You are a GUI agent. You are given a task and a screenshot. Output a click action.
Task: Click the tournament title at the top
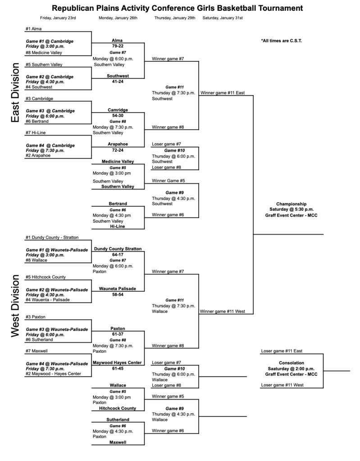tap(178, 8)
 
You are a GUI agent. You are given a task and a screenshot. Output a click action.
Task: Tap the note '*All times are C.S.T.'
tap(281, 41)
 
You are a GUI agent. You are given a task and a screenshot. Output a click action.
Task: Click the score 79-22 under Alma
tap(118, 46)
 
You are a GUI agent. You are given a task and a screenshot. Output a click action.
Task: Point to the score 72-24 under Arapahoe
tap(118, 150)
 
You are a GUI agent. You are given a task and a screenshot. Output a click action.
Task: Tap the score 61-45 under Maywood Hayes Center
tap(118, 368)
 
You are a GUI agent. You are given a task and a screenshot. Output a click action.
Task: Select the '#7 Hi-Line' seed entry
tap(36, 133)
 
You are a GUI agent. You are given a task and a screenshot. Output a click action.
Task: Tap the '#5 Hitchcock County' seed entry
tap(46, 277)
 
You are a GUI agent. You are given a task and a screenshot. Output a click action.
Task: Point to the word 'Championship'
tap(291, 203)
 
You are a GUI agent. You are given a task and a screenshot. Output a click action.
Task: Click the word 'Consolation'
tap(292, 362)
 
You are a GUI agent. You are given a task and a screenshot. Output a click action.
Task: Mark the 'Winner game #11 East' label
tap(223, 93)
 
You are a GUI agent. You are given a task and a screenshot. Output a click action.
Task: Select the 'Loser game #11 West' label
tap(282, 385)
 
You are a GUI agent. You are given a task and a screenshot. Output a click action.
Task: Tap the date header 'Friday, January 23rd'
tap(58, 18)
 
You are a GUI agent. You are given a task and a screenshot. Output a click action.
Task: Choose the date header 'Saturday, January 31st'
tap(223, 18)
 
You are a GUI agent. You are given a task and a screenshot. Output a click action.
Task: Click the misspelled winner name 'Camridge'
tap(118, 110)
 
